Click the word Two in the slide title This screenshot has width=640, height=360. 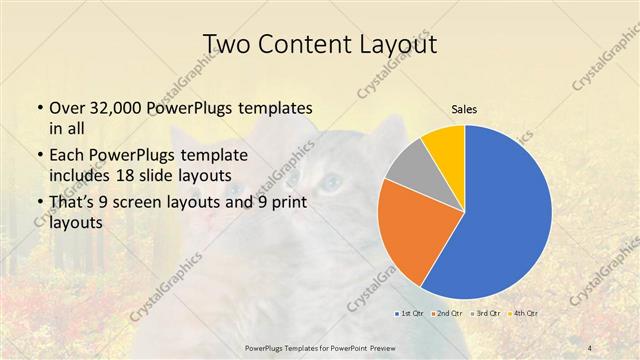[227, 45]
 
